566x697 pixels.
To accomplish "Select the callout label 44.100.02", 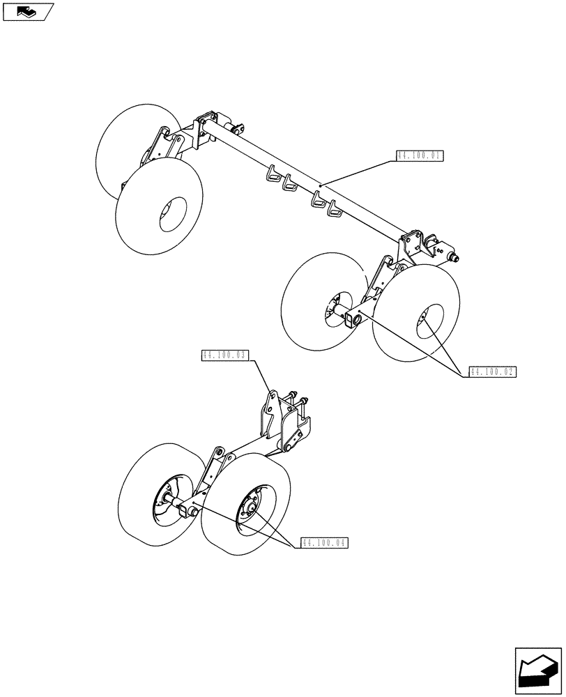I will click(492, 372).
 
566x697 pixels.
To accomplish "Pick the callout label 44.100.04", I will click(324, 542).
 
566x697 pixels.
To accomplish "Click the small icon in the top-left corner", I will click(27, 10).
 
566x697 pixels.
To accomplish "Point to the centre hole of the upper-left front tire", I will click(172, 213).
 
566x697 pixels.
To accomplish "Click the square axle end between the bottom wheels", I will click(185, 512).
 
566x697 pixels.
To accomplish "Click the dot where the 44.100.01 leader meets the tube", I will click(320, 185).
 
